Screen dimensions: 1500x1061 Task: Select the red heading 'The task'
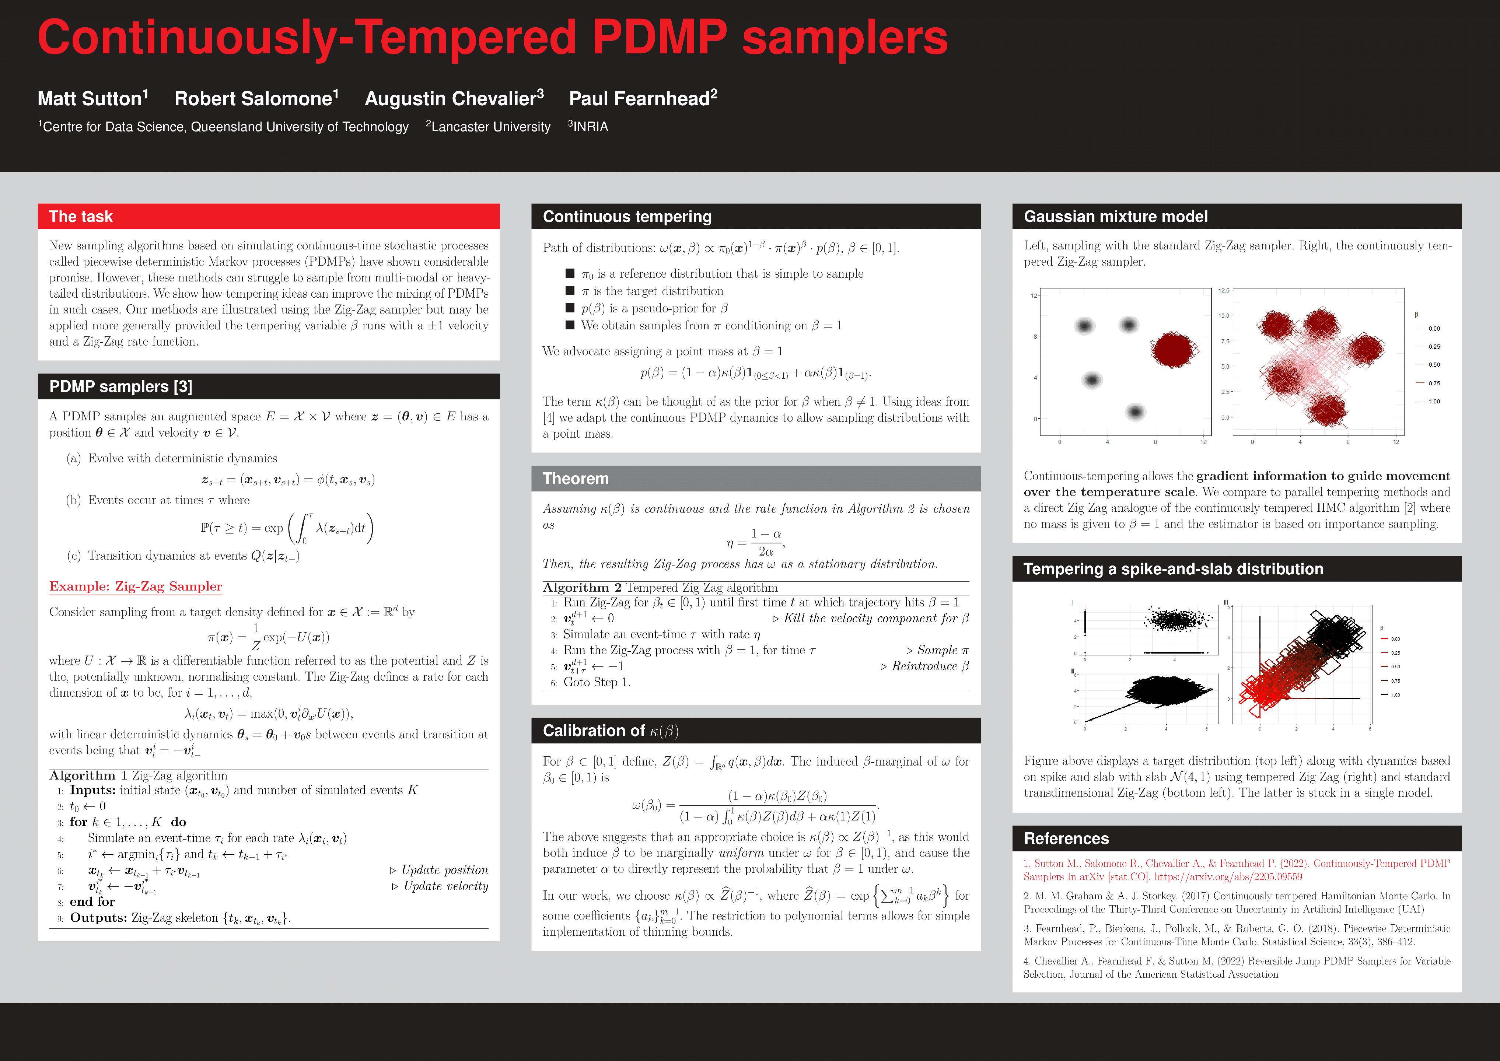(x=81, y=216)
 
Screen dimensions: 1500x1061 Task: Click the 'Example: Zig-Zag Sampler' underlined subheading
(x=136, y=586)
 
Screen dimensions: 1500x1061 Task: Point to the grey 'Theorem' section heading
(x=576, y=479)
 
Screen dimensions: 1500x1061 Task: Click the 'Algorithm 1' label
(x=88, y=775)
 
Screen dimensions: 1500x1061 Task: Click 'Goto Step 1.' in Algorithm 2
(x=597, y=682)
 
